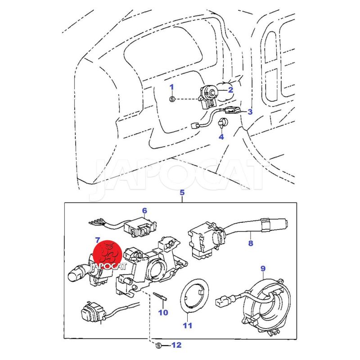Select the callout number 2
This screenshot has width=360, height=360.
click(x=230, y=90)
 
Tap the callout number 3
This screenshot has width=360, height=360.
click(x=250, y=112)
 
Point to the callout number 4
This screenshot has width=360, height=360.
click(x=221, y=137)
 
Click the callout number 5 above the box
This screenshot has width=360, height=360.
click(x=182, y=193)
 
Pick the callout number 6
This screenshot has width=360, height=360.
click(x=144, y=210)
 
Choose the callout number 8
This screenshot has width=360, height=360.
click(x=251, y=243)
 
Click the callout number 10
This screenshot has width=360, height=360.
click(x=162, y=312)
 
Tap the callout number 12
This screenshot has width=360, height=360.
click(x=176, y=346)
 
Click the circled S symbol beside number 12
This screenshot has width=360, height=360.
click(x=158, y=346)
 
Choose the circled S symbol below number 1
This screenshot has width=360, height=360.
click(x=171, y=99)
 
